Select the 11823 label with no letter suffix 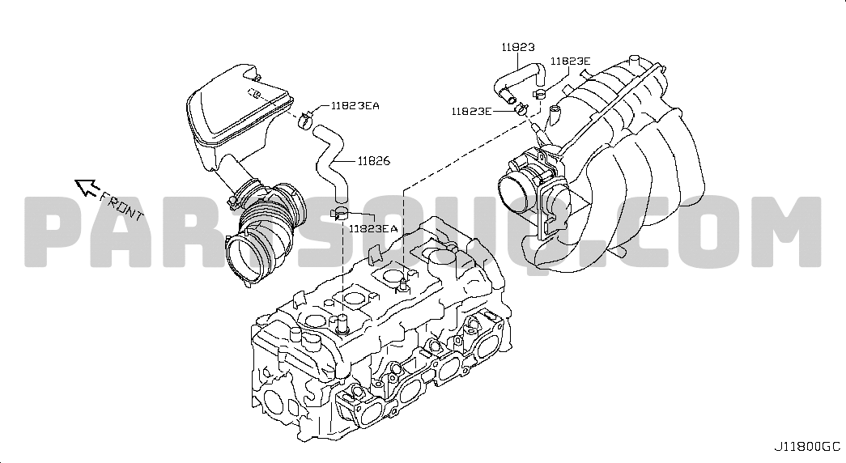coord(518,48)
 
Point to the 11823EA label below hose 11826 coord(373,229)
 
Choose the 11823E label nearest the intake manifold coord(571,62)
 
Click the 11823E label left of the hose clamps coord(471,111)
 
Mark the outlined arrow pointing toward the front coord(85,188)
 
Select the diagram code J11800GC coord(807,446)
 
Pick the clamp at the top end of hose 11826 coord(305,121)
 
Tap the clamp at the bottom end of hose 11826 coord(340,214)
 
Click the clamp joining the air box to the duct coord(240,193)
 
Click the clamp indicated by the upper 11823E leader coord(537,95)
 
